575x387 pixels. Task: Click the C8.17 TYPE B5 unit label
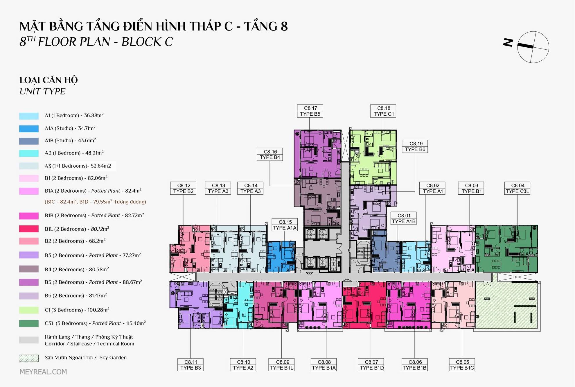pos(310,111)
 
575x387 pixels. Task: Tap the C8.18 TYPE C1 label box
pos(383,111)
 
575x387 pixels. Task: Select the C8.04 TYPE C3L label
pos(517,188)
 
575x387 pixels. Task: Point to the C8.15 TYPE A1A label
pos(285,225)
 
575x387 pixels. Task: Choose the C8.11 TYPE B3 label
pos(191,365)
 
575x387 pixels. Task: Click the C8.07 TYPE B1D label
pos(371,365)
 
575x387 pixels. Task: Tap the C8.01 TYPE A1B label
pos(404,218)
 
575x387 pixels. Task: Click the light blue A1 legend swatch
pos(29,116)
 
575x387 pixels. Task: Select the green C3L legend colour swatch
pos(29,323)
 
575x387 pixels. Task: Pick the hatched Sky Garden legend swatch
pos(29,358)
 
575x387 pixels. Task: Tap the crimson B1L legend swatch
pos(29,229)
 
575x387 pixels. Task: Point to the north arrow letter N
pos(508,42)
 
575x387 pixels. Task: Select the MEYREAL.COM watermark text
pos(43,372)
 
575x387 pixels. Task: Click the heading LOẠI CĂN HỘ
pos(48,80)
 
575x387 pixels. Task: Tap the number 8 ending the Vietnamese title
pos(284,26)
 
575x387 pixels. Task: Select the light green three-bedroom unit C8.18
pos(373,157)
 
